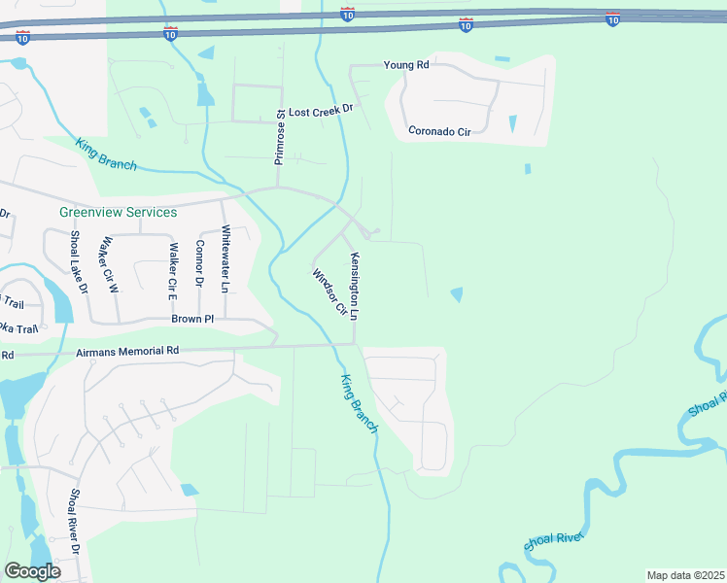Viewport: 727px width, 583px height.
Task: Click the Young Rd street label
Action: [x=406, y=65]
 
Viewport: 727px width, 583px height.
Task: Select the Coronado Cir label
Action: [x=439, y=130]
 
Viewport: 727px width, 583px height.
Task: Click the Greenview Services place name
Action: [x=118, y=212]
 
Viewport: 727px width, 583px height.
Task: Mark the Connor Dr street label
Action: [x=199, y=263]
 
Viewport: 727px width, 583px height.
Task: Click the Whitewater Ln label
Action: [x=225, y=259]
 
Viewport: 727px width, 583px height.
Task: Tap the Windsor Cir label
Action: [x=329, y=291]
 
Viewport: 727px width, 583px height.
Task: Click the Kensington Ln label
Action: [x=356, y=287]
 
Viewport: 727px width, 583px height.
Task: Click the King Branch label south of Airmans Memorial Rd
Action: [x=358, y=403]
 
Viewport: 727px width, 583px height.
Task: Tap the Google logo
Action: [x=32, y=570]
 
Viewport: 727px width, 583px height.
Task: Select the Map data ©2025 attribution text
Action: [x=685, y=575]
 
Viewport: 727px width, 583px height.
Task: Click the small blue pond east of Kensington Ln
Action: [x=456, y=293]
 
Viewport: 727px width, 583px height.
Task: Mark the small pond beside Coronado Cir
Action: [x=512, y=124]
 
